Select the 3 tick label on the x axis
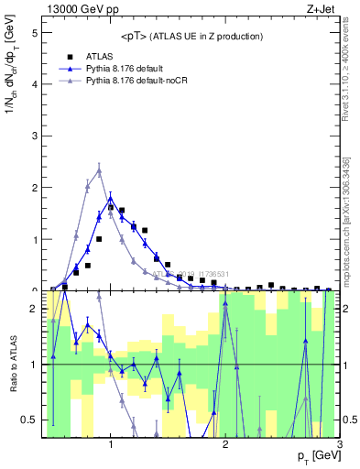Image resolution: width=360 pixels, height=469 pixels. click(x=340, y=444)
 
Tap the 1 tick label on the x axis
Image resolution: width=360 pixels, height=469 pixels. click(x=111, y=444)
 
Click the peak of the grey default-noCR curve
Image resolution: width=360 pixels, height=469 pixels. click(x=99, y=171)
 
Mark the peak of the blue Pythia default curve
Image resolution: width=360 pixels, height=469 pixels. click(x=111, y=198)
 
